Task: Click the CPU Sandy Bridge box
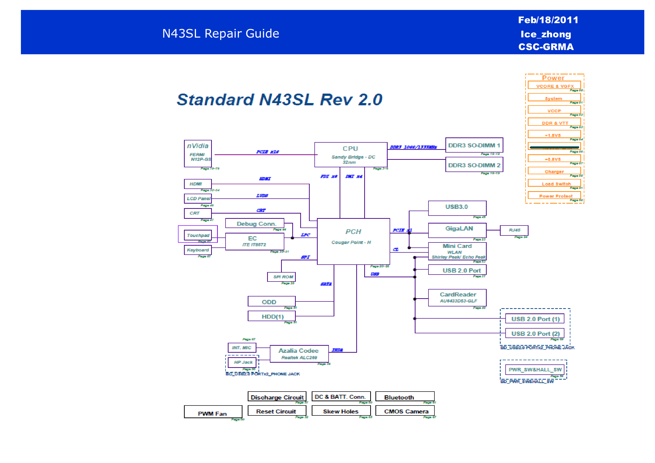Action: [351, 155]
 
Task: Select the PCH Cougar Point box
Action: [353, 241]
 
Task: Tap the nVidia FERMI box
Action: [198, 154]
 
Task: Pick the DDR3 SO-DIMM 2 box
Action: [474, 165]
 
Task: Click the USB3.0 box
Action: [457, 208]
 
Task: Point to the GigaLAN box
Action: [457, 230]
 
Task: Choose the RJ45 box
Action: [514, 230]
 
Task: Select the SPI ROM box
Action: [281, 277]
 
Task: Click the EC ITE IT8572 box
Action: [254, 241]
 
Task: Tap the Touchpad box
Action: [198, 235]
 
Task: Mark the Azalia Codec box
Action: [299, 353]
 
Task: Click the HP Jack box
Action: [243, 362]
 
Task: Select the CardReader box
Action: [457, 297]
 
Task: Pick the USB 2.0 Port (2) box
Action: [535, 333]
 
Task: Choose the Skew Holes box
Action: [341, 411]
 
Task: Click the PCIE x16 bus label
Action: [267, 152]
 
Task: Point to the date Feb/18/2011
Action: [548, 20]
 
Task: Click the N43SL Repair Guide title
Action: [221, 33]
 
